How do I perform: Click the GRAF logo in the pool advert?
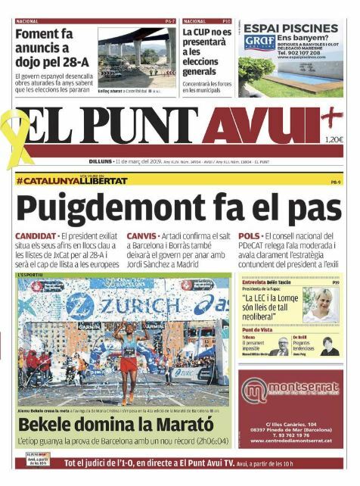[256, 42]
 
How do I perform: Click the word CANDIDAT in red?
[36, 236]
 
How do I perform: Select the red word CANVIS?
[142, 236]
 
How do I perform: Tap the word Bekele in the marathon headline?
[50, 425]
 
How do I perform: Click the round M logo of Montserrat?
[256, 391]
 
